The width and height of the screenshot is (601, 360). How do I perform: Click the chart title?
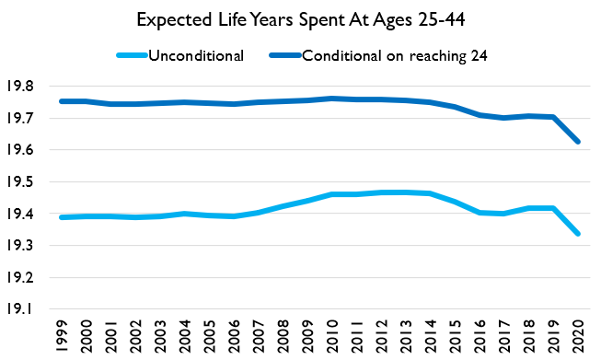point(300,19)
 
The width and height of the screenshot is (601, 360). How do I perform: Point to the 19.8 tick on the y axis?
point(28,86)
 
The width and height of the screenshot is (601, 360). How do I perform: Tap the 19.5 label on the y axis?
point(28,181)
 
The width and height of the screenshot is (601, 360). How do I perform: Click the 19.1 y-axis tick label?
point(28,309)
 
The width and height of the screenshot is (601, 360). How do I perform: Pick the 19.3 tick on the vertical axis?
point(28,246)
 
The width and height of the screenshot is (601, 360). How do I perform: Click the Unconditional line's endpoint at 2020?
point(578,234)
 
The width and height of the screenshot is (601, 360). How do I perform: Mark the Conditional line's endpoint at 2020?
point(578,142)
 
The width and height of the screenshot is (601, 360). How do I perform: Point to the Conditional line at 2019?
point(553,117)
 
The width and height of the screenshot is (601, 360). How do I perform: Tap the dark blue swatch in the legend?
point(285,55)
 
